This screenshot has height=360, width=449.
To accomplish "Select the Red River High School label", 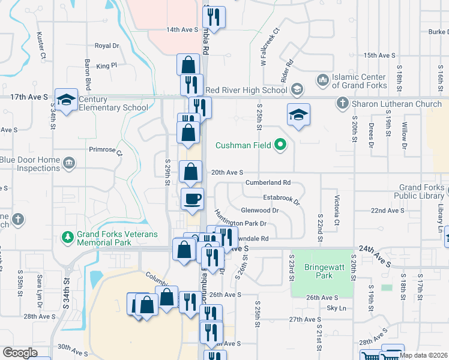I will (246, 90).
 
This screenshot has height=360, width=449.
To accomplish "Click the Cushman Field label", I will (245, 145).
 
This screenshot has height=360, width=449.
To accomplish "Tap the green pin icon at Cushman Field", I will (280, 145).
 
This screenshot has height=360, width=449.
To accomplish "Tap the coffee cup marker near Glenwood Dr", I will (192, 199).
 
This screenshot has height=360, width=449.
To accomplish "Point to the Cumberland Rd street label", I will (268, 182).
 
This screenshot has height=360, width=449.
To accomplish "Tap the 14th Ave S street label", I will (182, 29).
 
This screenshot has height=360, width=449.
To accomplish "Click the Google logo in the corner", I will (20, 353).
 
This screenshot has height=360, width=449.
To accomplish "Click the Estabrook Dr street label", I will (280, 197).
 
